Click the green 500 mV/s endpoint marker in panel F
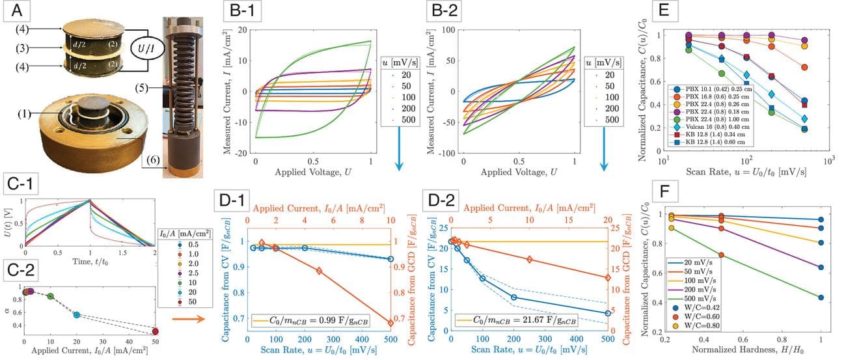821,298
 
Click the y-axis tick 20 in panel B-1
244,30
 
